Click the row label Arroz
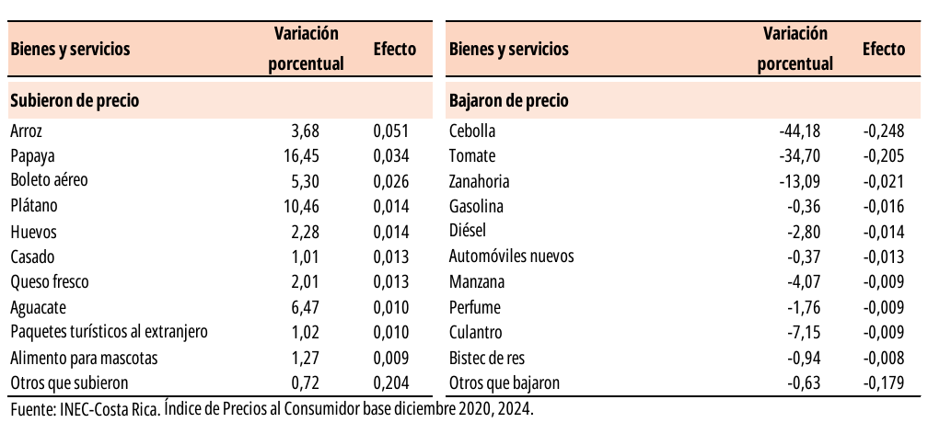(27, 131)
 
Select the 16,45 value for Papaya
(302, 156)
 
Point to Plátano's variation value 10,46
(302, 207)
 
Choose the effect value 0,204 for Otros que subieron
(391, 383)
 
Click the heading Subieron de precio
(75, 100)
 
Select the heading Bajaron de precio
(509, 100)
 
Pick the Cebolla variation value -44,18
(799, 131)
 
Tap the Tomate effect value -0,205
(884, 156)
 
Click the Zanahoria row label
(480, 181)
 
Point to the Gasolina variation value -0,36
(805, 207)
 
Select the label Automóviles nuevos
(511, 257)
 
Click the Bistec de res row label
(487, 359)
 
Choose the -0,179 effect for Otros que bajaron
(884, 383)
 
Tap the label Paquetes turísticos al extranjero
(110, 332)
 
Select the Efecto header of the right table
(884, 49)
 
